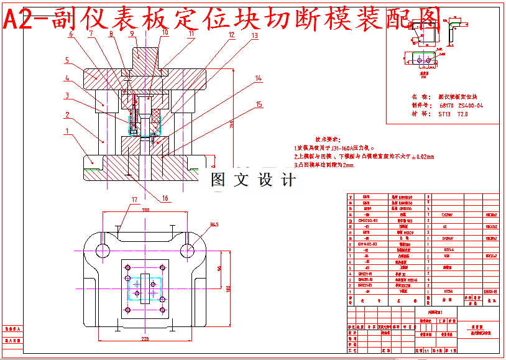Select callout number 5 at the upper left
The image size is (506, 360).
66,60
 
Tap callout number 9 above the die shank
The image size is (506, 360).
132,34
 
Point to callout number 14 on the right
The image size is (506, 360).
259,78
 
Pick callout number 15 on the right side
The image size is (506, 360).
259,104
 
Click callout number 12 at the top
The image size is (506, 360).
231,35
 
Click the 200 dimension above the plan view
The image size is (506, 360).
145,211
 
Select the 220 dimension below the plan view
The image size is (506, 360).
145,339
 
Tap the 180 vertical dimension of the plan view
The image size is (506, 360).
228,288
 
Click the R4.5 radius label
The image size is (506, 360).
214,224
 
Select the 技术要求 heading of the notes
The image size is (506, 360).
328,139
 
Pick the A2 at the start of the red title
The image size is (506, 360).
19,21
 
